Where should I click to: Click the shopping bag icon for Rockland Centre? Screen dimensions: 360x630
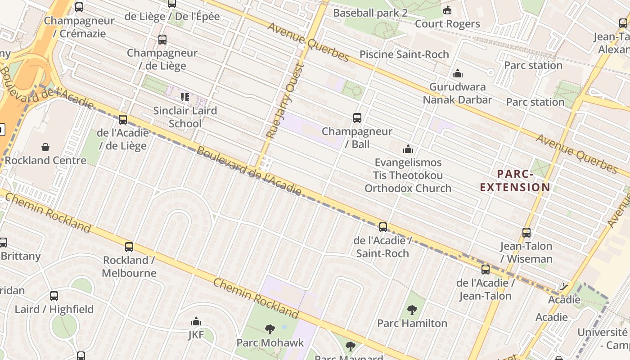(45, 147)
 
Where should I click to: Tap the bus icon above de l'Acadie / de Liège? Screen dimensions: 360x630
(123, 120)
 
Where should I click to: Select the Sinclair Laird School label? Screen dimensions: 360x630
(185, 117)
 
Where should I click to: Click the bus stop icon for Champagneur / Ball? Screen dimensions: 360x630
(357, 118)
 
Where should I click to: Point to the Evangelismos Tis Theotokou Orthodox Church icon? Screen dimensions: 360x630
(408, 149)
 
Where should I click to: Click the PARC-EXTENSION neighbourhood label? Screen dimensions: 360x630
(515, 180)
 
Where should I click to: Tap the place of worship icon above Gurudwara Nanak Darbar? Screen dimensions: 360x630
(458, 73)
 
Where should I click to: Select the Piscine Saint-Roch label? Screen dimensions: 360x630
(404, 54)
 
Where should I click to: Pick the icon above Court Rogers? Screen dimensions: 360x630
(447, 10)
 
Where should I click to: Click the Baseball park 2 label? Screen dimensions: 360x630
(370, 13)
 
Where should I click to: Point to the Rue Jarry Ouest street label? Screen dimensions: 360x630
(286, 101)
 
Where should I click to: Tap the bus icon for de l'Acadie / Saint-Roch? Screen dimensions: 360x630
(383, 227)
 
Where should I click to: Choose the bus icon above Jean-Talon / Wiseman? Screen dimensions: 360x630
(526, 233)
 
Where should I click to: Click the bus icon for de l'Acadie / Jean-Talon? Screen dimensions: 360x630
(486, 270)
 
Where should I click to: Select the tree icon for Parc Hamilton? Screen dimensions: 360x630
(412, 310)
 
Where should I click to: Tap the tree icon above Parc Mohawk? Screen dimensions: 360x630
(270, 329)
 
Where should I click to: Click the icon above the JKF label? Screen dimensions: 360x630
(196, 321)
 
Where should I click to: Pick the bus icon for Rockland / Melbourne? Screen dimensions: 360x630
(129, 247)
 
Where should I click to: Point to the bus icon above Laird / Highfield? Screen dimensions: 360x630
(54, 296)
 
